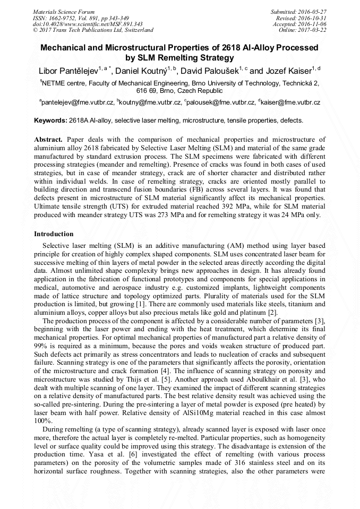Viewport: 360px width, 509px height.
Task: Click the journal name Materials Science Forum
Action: click(64, 11)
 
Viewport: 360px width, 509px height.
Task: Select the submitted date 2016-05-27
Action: click(311, 11)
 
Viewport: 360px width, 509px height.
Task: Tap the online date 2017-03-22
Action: click(311, 30)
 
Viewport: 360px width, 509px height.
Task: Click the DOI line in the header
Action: click(88, 24)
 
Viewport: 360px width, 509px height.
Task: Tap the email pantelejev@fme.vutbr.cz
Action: click(78, 102)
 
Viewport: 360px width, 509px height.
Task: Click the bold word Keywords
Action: click(50, 120)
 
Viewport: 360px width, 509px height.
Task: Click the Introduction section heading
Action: click(54, 234)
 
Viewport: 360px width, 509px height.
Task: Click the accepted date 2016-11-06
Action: click(311, 24)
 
